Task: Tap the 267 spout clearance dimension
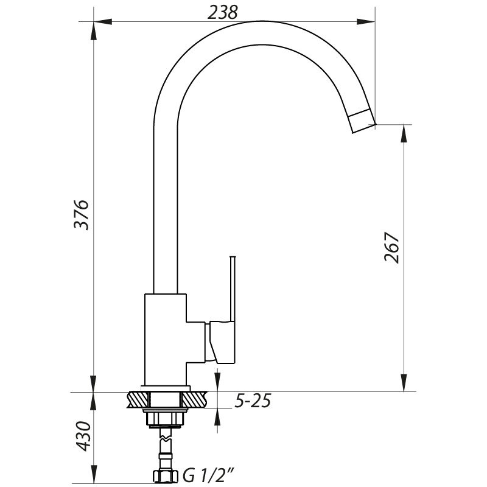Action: click(391, 247)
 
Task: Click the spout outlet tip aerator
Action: click(363, 120)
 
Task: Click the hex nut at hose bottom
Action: click(164, 475)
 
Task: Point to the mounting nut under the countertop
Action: click(164, 419)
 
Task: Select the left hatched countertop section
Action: click(138, 400)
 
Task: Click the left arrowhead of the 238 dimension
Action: click(99, 23)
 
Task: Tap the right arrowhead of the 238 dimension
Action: click(370, 23)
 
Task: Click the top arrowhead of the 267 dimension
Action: click(403, 131)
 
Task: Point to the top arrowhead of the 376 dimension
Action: click(93, 29)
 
